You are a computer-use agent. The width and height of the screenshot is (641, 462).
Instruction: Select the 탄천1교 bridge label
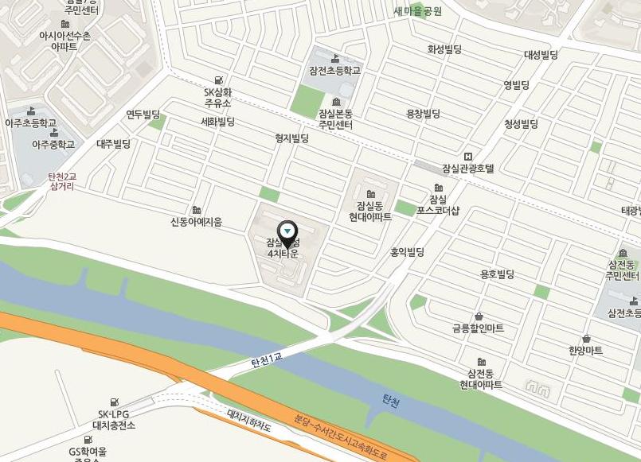(x=267, y=361)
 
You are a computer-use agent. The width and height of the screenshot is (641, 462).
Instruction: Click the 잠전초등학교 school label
(x=334, y=71)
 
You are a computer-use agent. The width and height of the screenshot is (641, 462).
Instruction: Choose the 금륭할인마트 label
(x=478, y=328)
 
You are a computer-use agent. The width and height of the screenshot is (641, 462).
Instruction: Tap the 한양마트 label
(x=585, y=350)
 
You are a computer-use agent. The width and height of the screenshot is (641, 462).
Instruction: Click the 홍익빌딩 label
(x=407, y=252)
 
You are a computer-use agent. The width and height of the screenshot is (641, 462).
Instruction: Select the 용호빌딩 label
(x=497, y=274)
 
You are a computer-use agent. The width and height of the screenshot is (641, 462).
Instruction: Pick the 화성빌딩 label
(x=444, y=49)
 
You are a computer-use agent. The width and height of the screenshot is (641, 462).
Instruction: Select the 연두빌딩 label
(x=143, y=115)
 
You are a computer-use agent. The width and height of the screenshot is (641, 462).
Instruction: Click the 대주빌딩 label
(x=113, y=144)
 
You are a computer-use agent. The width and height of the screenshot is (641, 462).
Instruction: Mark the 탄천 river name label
(x=390, y=402)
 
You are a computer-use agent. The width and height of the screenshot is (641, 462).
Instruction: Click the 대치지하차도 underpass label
(x=250, y=421)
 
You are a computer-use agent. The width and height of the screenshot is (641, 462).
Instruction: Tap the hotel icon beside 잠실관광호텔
(x=467, y=156)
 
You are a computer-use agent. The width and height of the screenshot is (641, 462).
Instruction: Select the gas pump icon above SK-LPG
(x=115, y=402)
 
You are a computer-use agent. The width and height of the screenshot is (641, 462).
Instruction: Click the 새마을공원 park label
(x=417, y=11)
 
